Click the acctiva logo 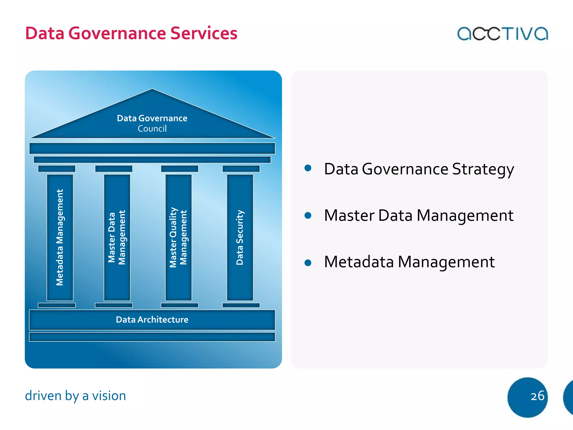tap(502, 34)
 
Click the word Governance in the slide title tap(117, 33)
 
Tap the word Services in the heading tap(204, 33)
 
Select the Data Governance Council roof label tap(152, 123)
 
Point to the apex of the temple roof tap(152, 90)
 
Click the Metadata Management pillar tap(60, 237)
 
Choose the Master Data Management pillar tap(117, 237)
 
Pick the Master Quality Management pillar tap(178, 237)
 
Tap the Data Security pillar tap(240, 237)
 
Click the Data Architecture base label tap(152, 320)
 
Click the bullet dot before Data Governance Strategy tap(308, 168)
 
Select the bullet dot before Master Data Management tap(308, 215)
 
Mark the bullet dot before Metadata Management tap(308, 263)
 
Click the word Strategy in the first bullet tap(483, 170)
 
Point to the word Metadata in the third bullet tap(359, 262)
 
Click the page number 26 tap(537, 396)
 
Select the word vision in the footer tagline tap(109, 396)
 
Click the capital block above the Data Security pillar tap(241, 169)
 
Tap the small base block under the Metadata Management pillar tap(57, 305)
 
